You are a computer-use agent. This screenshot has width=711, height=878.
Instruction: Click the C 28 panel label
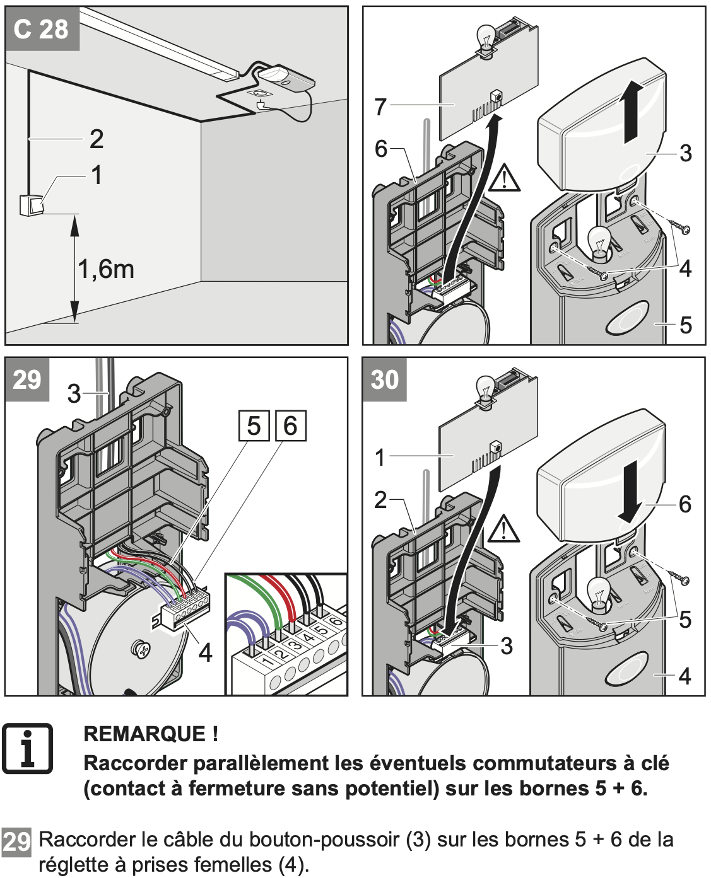coord(41,29)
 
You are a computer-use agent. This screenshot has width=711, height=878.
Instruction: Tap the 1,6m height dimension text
coord(106,269)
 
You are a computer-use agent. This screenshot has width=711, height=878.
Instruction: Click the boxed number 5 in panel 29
coord(254,426)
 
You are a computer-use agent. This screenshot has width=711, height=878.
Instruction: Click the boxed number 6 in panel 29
coord(290,426)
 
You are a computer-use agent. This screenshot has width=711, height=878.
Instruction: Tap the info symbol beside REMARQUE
coord(27,748)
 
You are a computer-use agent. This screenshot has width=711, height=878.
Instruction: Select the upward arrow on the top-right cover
coord(632,114)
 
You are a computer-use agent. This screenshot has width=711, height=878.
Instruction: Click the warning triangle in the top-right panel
coord(504,178)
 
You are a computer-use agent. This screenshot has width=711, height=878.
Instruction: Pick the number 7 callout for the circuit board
coord(380,107)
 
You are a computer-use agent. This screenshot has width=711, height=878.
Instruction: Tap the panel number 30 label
coord(385,379)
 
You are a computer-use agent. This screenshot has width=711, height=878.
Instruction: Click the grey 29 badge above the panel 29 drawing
coord(27,379)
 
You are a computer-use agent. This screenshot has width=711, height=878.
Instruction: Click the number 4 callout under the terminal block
coord(206,653)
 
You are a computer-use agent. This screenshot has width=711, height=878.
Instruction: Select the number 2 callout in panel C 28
coord(96,139)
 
